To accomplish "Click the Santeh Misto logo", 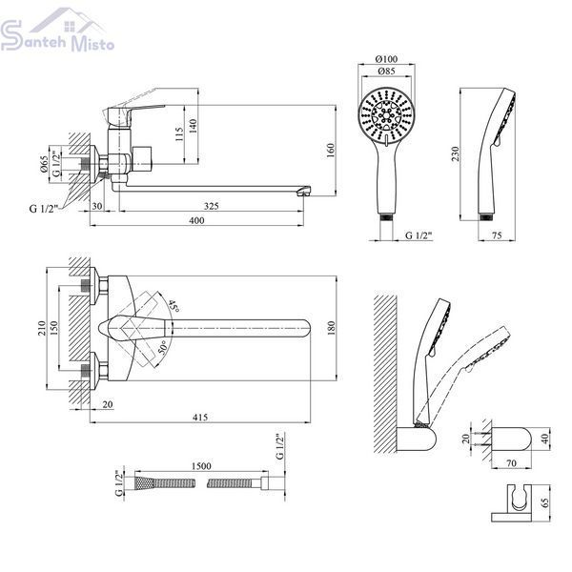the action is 57,30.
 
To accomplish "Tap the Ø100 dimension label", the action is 386,59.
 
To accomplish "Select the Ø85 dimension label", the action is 386,71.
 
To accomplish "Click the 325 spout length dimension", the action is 212,206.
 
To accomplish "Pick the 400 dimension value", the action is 197,220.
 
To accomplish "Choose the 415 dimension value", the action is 200,417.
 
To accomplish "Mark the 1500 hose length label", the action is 201,466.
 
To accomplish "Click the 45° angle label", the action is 174,306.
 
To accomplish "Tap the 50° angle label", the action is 163,347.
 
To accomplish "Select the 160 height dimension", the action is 330,151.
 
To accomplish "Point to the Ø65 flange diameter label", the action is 44,164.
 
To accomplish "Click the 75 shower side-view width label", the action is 497,235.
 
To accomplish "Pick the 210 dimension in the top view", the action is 41,328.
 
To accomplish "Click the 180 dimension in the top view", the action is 331,328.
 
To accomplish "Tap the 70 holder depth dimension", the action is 511,463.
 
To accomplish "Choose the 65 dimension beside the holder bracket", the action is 545,503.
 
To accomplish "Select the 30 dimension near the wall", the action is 97,206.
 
